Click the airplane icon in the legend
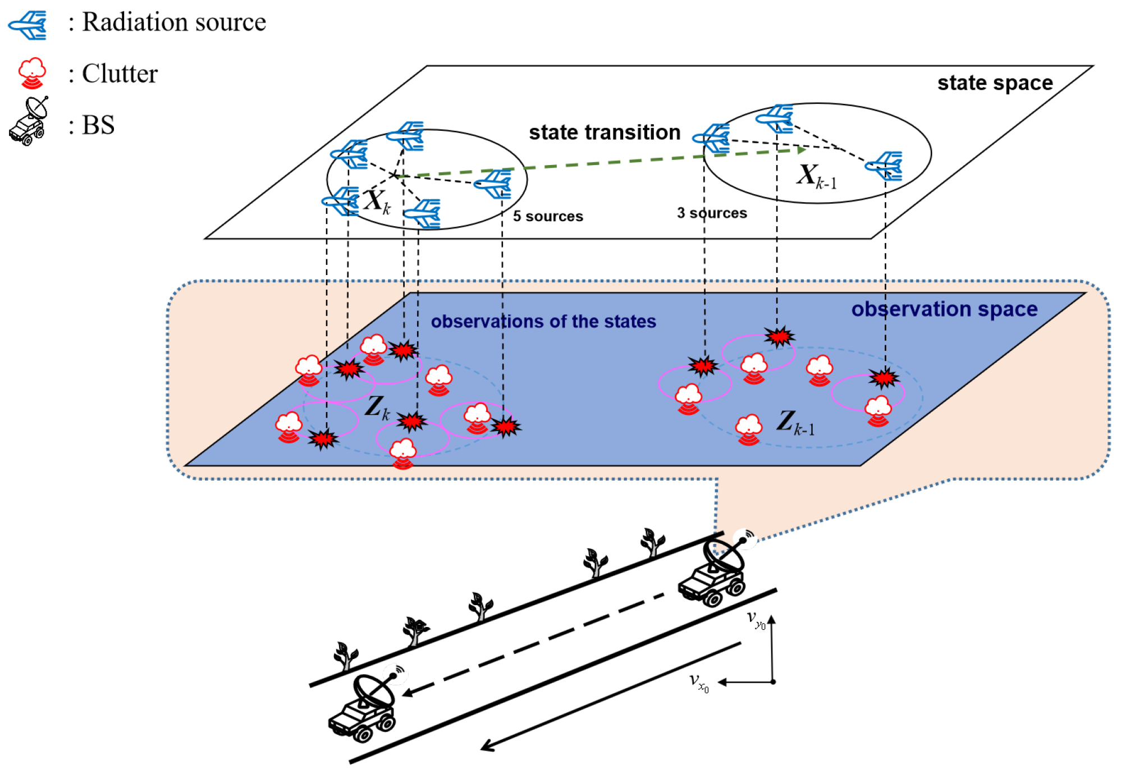[x=28, y=25]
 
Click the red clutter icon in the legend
[x=32, y=73]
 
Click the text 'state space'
[x=995, y=83]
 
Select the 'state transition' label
[x=604, y=132]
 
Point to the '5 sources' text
[x=547, y=216]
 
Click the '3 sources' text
[x=711, y=213]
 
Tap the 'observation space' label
[x=944, y=309]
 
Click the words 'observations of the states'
[x=543, y=322]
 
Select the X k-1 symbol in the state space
[x=815, y=176]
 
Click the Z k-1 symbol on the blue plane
[x=794, y=422]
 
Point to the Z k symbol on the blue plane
[x=377, y=408]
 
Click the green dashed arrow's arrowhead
[x=802, y=149]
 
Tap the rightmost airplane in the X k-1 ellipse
[x=885, y=166]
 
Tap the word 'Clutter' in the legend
[x=120, y=74]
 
